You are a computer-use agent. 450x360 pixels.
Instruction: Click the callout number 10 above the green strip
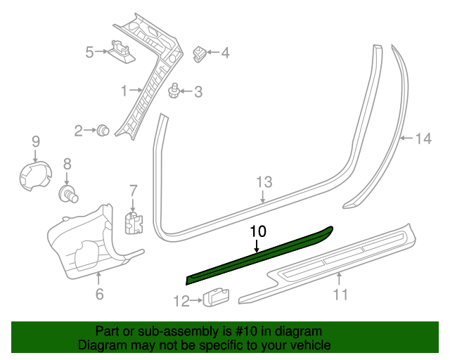pos(258,231)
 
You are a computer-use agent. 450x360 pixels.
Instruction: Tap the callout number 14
pos(423,139)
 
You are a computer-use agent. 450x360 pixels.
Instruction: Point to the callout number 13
pos(263,182)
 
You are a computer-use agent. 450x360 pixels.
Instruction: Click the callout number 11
pos(340,295)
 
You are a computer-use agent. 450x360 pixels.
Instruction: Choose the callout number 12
pos(180,302)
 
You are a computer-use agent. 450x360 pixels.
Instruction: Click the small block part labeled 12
pos(214,298)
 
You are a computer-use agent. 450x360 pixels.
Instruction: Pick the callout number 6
pos(99,295)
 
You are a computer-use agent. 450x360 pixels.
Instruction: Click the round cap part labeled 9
pos(34,176)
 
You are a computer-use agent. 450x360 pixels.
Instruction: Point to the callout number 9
pos(36,142)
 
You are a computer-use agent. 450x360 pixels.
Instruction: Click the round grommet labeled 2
pos(103,129)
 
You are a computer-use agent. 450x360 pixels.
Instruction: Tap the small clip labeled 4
pos(200,53)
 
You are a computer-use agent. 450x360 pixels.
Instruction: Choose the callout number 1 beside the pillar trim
pos(124,91)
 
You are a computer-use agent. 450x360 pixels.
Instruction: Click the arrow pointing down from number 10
pos(257,245)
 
